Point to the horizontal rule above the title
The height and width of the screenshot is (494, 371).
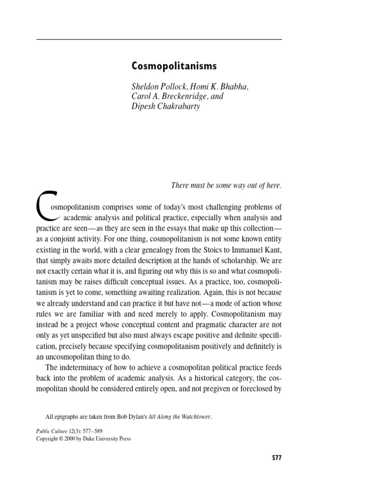tap(159, 38)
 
